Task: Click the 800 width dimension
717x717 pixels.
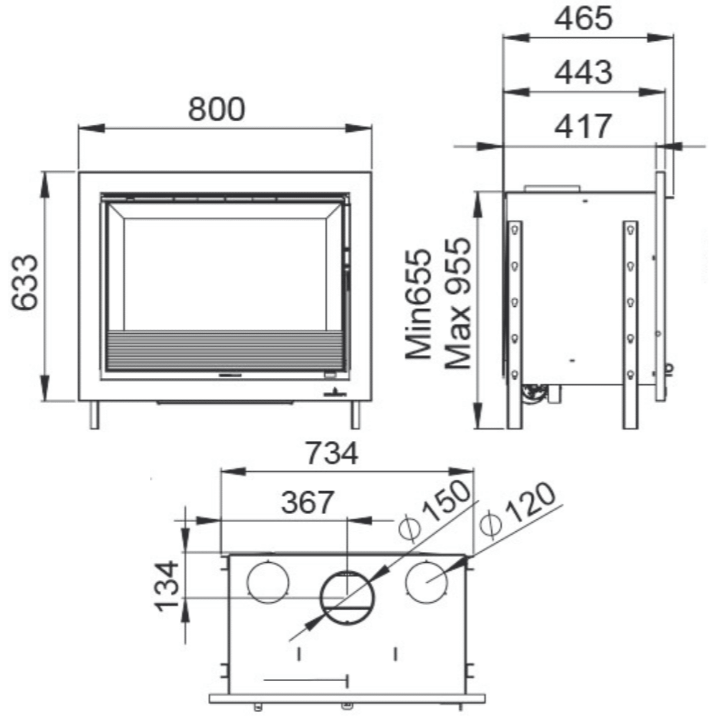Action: click(217, 109)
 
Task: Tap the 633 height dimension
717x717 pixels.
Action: click(26, 282)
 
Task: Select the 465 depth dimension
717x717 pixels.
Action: click(584, 19)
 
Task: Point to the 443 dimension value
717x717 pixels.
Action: click(584, 72)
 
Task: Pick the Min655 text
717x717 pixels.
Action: click(419, 304)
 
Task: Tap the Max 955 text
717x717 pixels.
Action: click(457, 303)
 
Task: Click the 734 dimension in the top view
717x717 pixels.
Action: click(331, 453)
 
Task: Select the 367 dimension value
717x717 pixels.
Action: click(308, 502)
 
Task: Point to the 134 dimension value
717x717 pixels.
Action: click(167, 586)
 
